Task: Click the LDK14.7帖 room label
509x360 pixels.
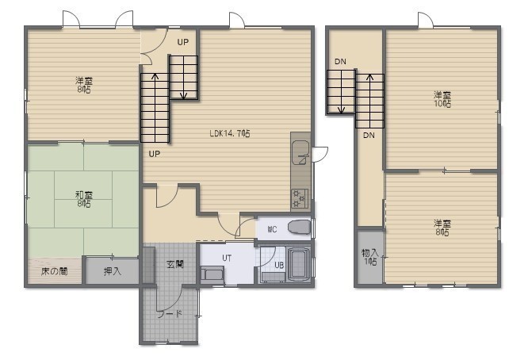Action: click(x=230, y=133)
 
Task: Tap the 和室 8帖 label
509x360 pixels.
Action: click(x=84, y=199)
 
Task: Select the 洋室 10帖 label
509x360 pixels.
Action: click(x=442, y=99)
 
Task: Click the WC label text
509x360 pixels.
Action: click(x=273, y=229)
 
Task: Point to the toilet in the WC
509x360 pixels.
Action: click(x=299, y=228)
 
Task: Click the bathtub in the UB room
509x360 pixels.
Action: click(x=299, y=264)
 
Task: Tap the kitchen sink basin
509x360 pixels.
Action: click(x=300, y=152)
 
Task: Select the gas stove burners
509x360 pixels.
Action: click(x=300, y=198)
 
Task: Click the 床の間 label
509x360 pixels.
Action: click(x=54, y=271)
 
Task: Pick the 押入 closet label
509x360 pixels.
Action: click(x=113, y=271)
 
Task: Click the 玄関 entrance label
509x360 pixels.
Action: click(x=175, y=265)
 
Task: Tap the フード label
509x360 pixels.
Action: click(x=170, y=314)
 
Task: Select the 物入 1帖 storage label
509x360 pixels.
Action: click(x=370, y=257)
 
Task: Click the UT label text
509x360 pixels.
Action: click(x=227, y=258)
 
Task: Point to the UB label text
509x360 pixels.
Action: click(x=279, y=265)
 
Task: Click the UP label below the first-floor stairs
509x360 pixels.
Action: click(x=155, y=154)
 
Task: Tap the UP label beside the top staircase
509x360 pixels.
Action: click(x=183, y=42)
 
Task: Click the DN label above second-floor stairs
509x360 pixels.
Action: click(x=340, y=62)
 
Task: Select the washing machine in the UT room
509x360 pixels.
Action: click(x=212, y=274)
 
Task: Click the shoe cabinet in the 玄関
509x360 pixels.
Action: click(x=149, y=265)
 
